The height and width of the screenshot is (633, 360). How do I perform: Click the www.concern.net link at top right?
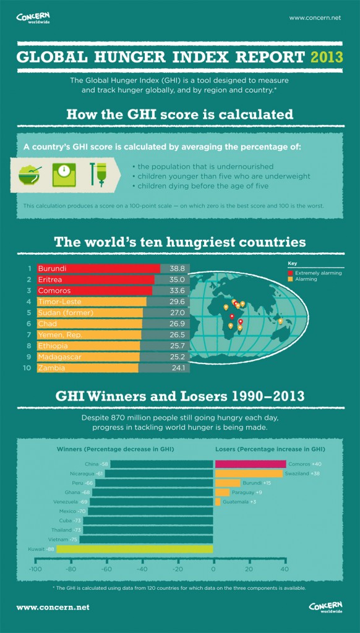pyautogui.click(x=315, y=18)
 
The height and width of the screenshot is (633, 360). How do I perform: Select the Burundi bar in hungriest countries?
pyautogui.click(x=98, y=269)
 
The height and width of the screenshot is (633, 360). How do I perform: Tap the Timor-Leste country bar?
pyautogui.click(x=92, y=302)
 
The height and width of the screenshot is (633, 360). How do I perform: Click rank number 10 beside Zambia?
pyautogui.click(x=27, y=368)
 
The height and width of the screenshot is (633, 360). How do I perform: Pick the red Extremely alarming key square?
pyautogui.click(x=290, y=273)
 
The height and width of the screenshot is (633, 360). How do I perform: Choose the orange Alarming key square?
pyautogui.click(x=290, y=279)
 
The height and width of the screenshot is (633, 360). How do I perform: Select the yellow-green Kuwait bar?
pyautogui.click(x=135, y=549)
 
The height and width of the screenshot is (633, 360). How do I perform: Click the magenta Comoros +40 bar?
pyautogui.click(x=250, y=464)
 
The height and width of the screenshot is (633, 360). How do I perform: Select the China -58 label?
pyautogui.click(x=96, y=464)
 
